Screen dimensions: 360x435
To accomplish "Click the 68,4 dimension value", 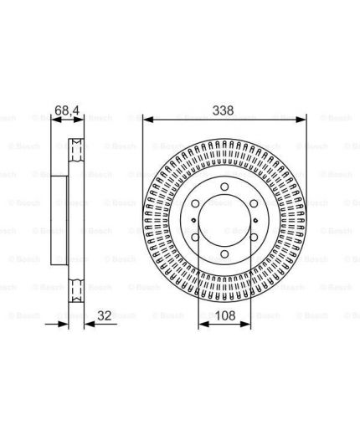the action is click(x=67, y=110).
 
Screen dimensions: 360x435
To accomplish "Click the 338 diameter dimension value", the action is click(x=223, y=110).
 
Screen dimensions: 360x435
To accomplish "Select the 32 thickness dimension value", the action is click(x=105, y=315).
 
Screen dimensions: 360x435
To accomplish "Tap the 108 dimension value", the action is click(x=225, y=315).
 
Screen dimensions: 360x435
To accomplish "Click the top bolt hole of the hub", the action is click(x=224, y=187).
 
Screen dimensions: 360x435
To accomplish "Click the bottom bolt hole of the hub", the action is click(x=224, y=253).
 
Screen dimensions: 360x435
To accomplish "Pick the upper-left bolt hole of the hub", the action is click(x=195, y=203).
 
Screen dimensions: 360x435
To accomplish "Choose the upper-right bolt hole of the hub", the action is click(x=254, y=203).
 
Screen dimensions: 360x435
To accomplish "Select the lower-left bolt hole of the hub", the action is click(x=195, y=238).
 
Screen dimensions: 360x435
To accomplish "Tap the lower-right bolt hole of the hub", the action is click(x=254, y=238).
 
